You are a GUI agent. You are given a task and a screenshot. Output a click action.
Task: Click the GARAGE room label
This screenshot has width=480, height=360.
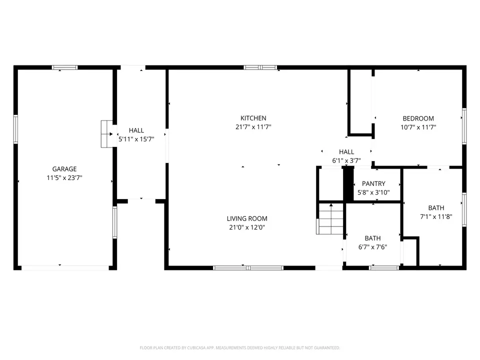[64, 169]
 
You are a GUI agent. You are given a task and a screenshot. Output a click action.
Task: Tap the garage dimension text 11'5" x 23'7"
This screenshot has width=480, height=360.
[64, 177]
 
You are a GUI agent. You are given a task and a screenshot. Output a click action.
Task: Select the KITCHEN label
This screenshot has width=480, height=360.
[253, 118]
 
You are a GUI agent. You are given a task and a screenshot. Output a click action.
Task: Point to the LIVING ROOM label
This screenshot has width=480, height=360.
[247, 218]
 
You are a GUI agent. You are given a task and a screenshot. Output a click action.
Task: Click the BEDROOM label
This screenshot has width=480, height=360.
[418, 118]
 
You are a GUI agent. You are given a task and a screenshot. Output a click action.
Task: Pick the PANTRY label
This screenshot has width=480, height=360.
[373, 183]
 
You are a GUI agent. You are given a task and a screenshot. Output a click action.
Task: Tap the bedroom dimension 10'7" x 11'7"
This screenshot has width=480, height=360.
[418, 127]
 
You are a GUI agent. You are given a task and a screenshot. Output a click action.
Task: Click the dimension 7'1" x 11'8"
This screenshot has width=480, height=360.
[436, 216]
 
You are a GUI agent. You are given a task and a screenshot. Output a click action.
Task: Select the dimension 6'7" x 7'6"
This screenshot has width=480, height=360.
[372, 247]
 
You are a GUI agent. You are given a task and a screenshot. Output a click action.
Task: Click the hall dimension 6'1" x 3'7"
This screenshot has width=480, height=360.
[346, 160]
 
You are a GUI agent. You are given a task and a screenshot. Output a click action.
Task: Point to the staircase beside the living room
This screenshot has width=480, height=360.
[329, 219]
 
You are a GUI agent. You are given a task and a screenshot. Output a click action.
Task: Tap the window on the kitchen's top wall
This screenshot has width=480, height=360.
[260, 67]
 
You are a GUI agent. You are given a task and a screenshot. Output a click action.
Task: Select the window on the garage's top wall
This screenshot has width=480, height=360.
[64, 67]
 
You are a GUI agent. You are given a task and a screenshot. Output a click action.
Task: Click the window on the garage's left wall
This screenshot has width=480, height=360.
[15, 129]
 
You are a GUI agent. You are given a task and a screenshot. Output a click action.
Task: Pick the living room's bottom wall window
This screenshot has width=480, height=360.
[248, 268]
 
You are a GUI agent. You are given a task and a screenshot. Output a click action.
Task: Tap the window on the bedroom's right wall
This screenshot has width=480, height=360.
[464, 126]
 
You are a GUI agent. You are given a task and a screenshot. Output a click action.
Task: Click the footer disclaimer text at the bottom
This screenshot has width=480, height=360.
[239, 348]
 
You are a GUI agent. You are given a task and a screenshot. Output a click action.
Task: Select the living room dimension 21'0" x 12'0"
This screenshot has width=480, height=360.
[247, 227]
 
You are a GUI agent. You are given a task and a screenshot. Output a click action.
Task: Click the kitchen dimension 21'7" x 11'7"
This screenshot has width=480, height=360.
[253, 126]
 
